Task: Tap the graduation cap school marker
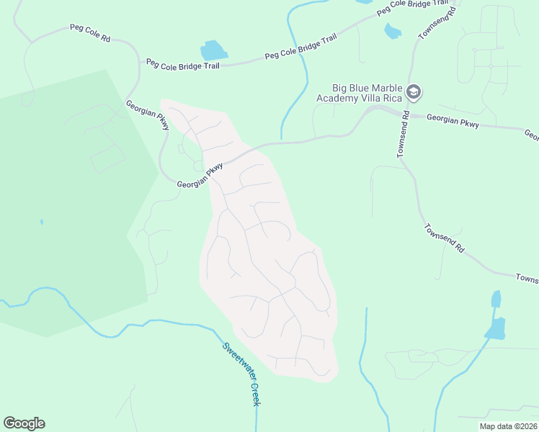414,92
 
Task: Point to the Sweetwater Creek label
241,374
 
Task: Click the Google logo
24,423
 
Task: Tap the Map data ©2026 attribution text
507,426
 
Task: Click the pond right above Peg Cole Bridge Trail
213,50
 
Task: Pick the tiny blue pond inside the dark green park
41,222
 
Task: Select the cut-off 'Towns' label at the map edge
527,278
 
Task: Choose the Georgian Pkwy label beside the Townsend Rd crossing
453,121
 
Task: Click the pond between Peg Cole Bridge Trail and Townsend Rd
392,31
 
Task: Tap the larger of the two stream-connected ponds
495,328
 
